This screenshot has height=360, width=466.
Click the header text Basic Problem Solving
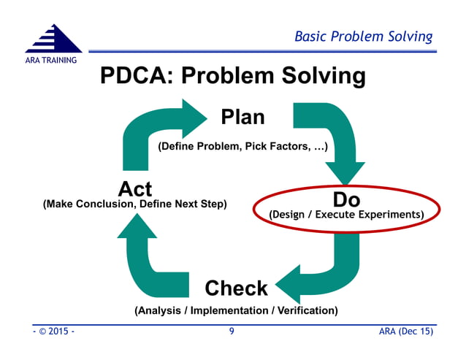pyautogui.click(x=363, y=37)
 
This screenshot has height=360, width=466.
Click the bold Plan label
pyautogui.click(x=242, y=117)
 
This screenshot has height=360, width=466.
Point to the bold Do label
pyautogui.click(x=346, y=199)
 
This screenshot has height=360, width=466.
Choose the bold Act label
pyautogui.click(x=135, y=189)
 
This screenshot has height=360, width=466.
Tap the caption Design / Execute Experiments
pyautogui.click(x=346, y=215)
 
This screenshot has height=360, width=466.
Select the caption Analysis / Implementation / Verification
pyautogui.click(x=236, y=310)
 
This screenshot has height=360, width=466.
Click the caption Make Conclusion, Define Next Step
pyautogui.click(x=135, y=204)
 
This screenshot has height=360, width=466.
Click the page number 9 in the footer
pyautogui.click(x=232, y=332)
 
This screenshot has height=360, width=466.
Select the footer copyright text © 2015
pyautogui.click(x=53, y=332)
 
